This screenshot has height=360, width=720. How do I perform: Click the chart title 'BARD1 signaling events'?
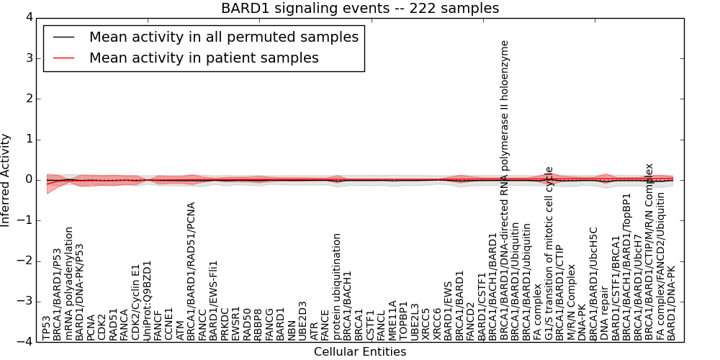click(x=359, y=8)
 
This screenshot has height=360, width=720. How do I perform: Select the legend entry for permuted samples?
click(x=223, y=37)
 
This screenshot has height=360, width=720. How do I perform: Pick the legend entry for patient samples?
click(x=204, y=58)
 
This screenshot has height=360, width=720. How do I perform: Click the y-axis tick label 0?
click(x=29, y=179)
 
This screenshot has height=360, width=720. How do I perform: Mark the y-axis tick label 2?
click(x=29, y=98)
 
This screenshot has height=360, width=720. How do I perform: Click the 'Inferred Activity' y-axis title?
click(x=6, y=179)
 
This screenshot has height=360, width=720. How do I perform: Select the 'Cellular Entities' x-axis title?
click(x=359, y=352)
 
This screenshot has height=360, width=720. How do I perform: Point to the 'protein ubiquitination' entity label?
click(x=336, y=286)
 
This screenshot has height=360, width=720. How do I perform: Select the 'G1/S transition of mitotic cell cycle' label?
click(x=549, y=253)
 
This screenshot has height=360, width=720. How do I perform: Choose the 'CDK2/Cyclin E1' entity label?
click(x=135, y=302)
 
